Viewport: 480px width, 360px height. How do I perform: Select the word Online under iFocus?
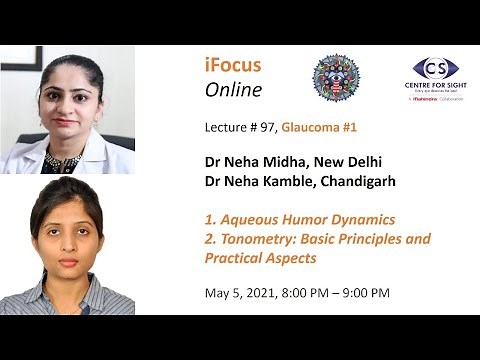click(233, 90)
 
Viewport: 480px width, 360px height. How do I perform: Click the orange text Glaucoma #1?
click(321, 128)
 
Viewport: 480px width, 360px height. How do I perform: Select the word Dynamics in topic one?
click(359, 219)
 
